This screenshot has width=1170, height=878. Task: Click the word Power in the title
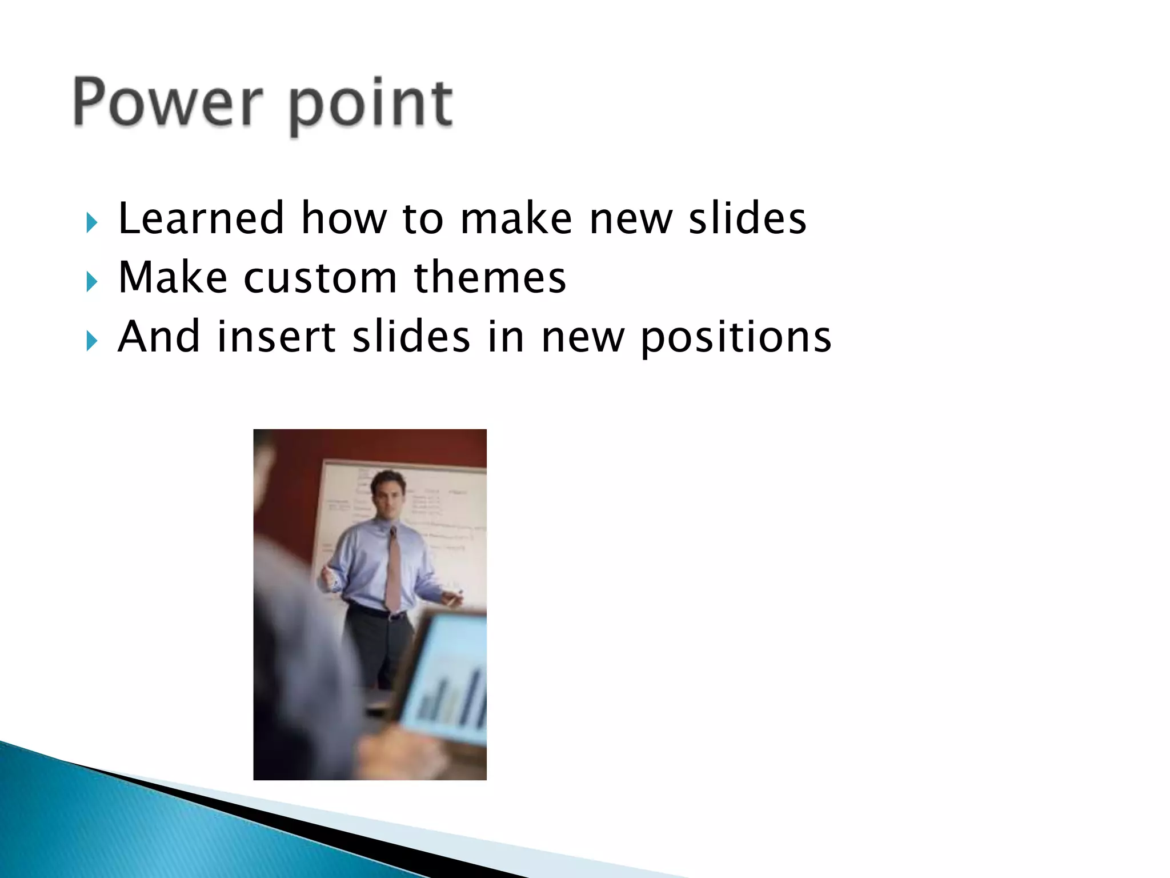pos(168,103)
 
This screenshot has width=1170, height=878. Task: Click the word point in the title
pos(370,106)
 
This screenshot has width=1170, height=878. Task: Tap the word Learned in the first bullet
pos(201,218)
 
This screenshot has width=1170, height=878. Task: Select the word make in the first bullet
pos(516,218)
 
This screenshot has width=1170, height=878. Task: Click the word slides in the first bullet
pos(747,218)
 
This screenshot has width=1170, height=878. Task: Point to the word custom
pos(320,278)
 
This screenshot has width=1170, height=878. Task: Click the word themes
pos(490,278)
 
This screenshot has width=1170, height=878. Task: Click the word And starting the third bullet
pos(159,337)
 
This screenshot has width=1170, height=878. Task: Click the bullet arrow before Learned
pos(92,222)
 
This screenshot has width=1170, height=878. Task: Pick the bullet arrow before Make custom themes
pos(92,282)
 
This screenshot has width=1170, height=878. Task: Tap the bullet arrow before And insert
pos(92,341)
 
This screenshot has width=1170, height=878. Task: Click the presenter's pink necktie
pos(394,572)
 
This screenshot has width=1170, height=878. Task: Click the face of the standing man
pos(388,494)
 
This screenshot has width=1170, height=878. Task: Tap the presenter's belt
pos(377,612)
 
